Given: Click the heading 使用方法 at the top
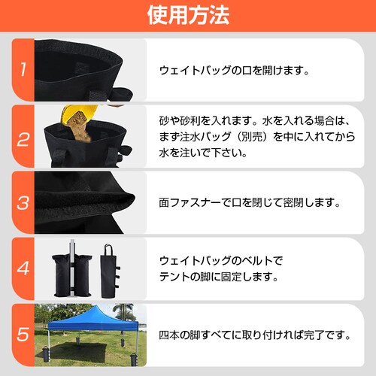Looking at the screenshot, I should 188,15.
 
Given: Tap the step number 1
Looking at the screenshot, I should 23,71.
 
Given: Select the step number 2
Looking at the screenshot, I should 23,138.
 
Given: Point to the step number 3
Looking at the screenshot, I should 23,203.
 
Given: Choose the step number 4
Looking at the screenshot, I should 23,268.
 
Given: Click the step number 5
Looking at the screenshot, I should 23,333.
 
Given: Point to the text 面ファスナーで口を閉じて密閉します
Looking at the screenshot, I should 250,203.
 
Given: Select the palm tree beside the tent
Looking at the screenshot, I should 123,309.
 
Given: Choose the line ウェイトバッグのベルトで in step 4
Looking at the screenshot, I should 221,260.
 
